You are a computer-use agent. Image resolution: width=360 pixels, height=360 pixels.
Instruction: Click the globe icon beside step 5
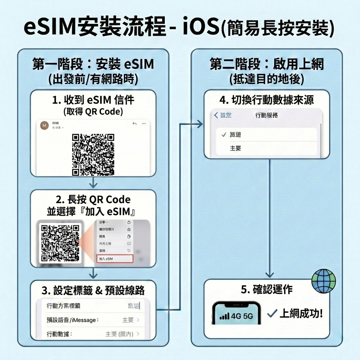coord(323,281)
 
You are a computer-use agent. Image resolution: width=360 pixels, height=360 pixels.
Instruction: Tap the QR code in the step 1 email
coord(93,154)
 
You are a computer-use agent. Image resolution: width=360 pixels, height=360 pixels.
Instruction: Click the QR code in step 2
coord(60,243)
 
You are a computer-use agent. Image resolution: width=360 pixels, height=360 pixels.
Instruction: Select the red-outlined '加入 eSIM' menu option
coord(115,259)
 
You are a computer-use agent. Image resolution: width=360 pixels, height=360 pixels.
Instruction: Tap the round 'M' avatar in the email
coord(45,126)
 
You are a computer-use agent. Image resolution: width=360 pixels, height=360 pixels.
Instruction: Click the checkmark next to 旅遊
coord(224,135)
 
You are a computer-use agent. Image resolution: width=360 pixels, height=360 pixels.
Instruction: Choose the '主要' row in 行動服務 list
coord(236,148)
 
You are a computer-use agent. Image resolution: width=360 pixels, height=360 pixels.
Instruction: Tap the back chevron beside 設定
coord(216,115)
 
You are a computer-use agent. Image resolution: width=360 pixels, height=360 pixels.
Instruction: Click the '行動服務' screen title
coord(266,115)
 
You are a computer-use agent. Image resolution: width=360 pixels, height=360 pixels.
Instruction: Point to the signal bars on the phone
coord(224,316)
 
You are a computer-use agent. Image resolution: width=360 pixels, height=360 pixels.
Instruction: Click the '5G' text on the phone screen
coord(248,316)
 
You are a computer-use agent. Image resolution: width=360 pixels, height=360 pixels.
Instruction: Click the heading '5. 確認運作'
coord(267,290)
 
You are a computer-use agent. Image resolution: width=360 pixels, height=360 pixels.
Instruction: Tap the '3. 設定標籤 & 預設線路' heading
coord(93,290)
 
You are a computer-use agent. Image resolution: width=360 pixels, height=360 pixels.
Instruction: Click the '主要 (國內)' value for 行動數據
coord(119,334)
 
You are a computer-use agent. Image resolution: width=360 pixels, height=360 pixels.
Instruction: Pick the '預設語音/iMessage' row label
coord(72,320)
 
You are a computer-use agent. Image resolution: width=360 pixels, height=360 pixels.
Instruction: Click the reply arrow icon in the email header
coord(134,124)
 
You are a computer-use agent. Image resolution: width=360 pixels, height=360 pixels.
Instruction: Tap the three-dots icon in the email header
coord(143,124)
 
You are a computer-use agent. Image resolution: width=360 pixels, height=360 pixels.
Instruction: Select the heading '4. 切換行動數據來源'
coord(266,100)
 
